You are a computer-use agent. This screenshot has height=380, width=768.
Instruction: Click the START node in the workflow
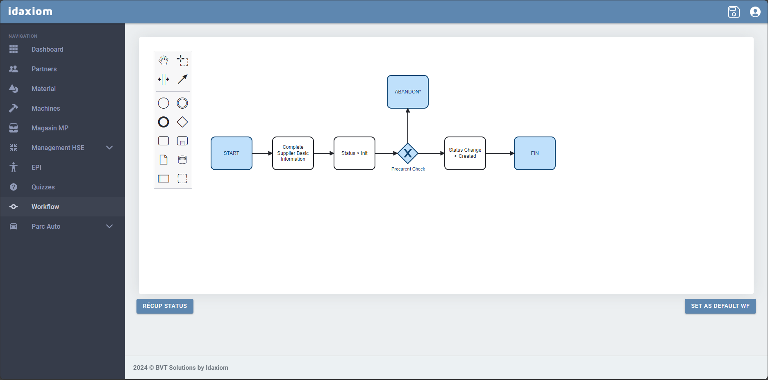tap(232, 153)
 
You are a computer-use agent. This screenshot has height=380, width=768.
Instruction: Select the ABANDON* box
tap(408, 92)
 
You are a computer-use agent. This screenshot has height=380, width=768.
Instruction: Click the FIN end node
tap(535, 153)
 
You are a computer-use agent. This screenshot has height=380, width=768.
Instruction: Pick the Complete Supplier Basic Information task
tap(293, 153)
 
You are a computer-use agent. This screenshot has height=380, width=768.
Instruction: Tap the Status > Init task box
tap(354, 153)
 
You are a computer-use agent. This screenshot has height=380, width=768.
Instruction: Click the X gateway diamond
tap(408, 153)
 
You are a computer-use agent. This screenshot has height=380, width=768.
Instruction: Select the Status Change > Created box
tap(465, 153)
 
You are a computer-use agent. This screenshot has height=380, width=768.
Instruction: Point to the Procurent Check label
tap(408, 169)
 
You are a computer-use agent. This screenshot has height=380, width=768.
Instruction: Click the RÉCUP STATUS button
tap(165, 306)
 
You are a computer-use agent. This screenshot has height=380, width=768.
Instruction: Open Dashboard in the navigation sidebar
tap(48, 49)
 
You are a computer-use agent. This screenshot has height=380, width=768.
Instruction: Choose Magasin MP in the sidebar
tap(50, 128)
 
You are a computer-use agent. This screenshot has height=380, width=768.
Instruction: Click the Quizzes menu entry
tap(43, 187)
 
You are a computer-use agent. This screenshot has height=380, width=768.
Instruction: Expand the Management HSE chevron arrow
tap(109, 148)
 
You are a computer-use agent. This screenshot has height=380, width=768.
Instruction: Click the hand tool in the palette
tap(164, 60)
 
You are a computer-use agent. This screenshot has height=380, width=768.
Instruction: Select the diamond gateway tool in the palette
tap(182, 122)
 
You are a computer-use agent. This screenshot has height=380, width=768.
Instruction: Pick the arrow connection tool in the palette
tap(182, 79)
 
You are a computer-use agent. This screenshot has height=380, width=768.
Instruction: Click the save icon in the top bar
tap(734, 12)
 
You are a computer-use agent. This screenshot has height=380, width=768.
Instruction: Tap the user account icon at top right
tap(755, 12)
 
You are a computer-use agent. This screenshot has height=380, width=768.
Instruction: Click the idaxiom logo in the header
tap(30, 11)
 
